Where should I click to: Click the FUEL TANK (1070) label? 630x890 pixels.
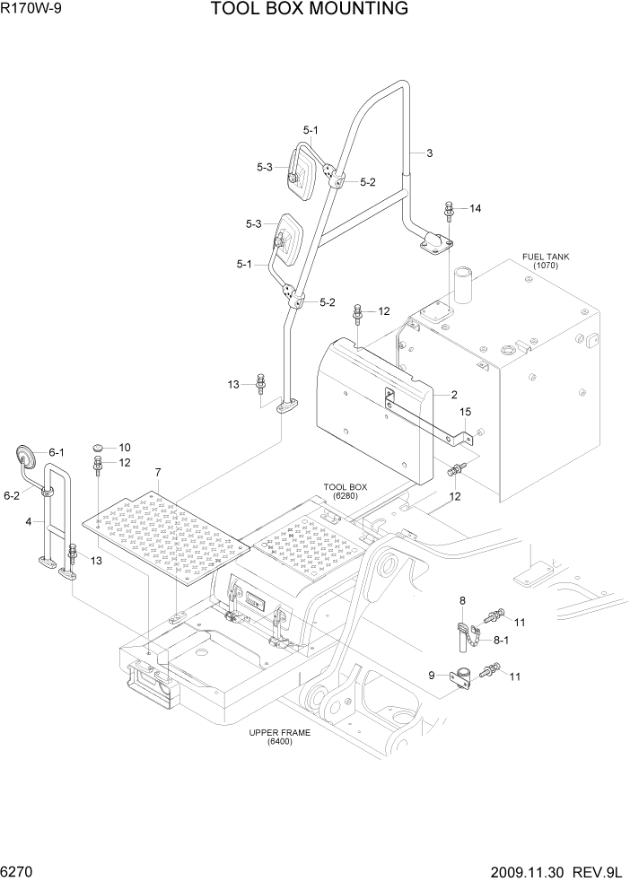tap(545, 261)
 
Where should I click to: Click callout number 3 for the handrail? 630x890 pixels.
tap(429, 153)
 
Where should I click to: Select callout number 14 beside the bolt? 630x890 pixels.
tap(475, 209)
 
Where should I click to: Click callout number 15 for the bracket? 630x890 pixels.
tap(466, 412)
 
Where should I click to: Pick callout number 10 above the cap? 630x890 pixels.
tap(125, 447)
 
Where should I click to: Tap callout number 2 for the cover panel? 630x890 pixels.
tap(454, 394)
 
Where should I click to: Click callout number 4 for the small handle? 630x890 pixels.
tap(29, 521)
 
